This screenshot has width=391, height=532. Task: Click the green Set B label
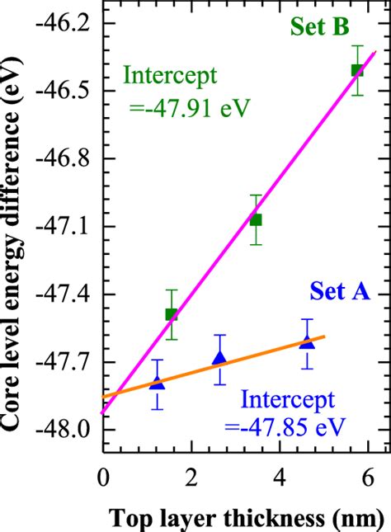click(319, 27)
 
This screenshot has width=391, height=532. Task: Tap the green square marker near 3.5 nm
click(256, 219)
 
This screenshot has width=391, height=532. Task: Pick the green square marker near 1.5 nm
click(172, 314)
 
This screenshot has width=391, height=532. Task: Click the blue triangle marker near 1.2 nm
click(158, 384)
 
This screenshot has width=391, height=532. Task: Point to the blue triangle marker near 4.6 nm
click(307, 343)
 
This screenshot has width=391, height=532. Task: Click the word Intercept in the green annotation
click(170, 75)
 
